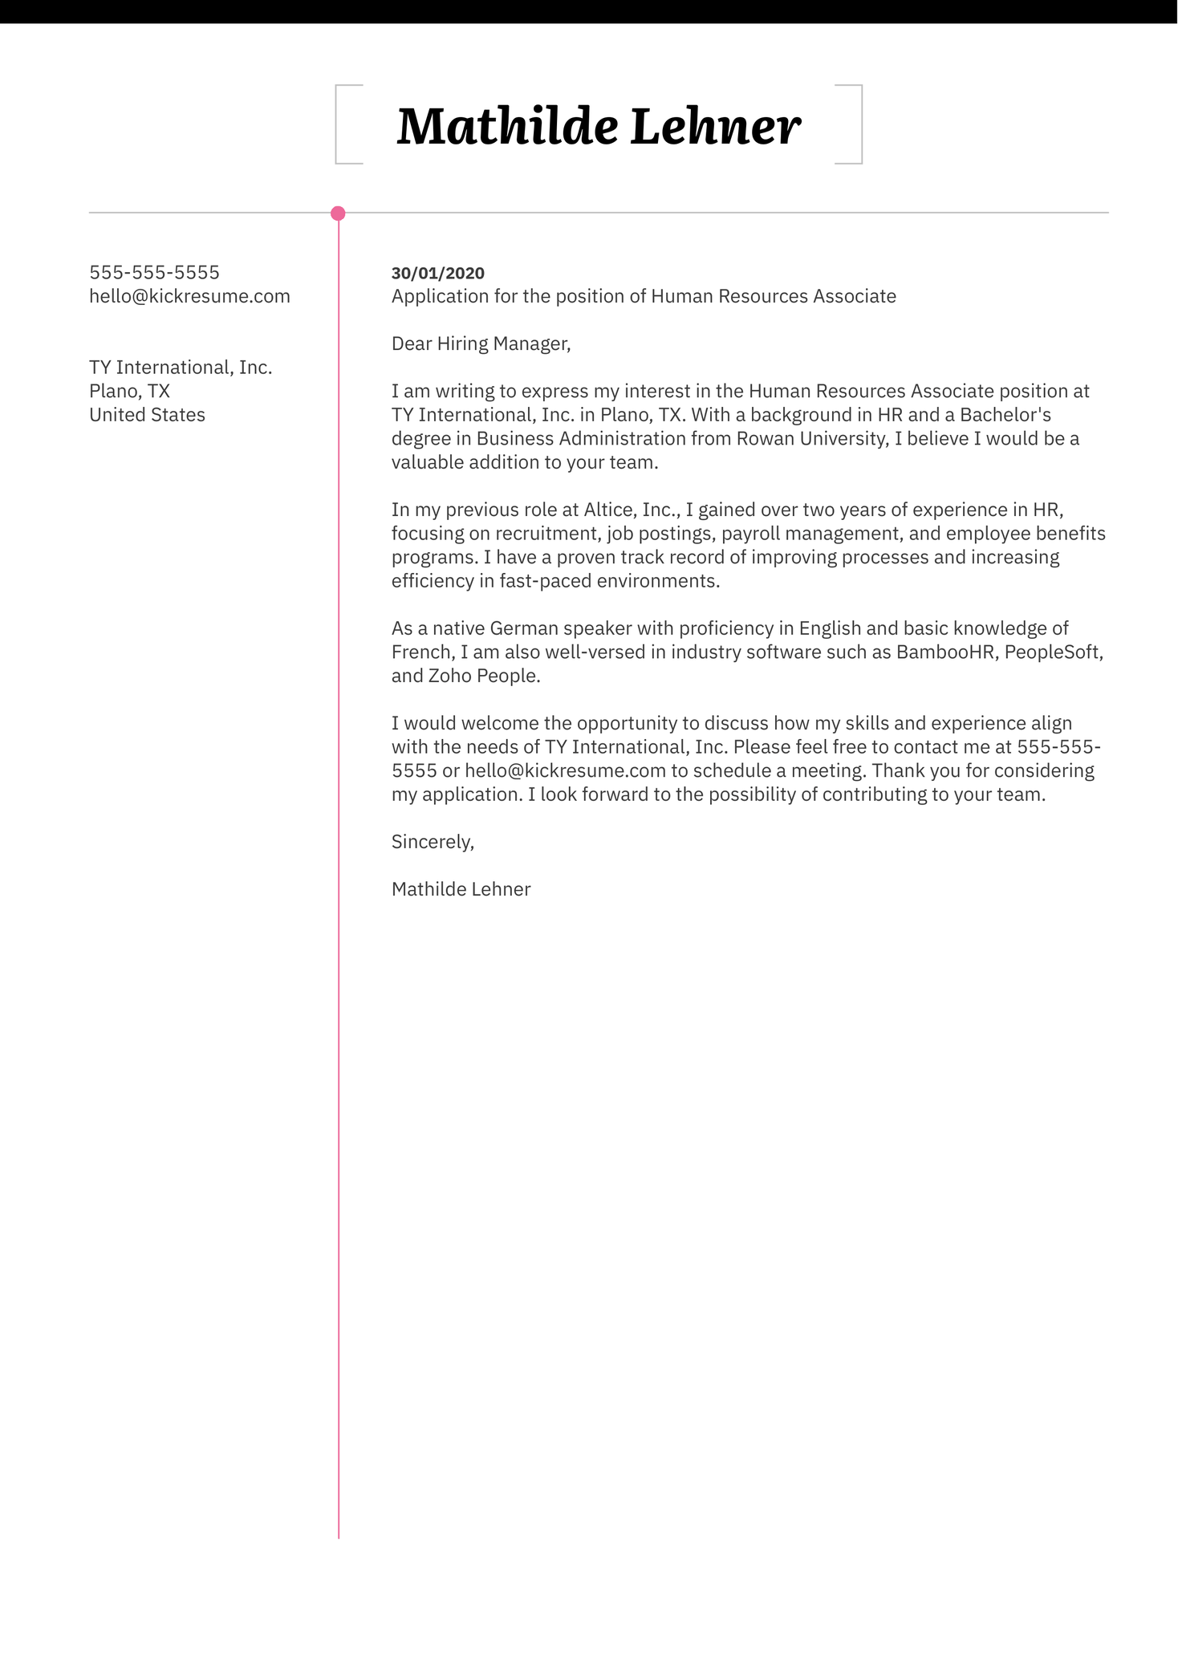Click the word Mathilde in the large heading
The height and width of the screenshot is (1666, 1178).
(x=507, y=127)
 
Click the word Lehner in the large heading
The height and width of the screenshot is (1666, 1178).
(x=715, y=127)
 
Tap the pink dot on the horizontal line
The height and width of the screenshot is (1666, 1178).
(x=338, y=213)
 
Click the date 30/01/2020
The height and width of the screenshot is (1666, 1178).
(x=437, y=273)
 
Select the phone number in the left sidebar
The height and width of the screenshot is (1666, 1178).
(x=154, y=273)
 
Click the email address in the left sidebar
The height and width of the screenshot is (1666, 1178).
(x=189, y=296)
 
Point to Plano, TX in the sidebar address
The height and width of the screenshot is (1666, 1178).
(x=129, y=392)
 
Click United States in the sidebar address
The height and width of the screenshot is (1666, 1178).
(x=147, y=415)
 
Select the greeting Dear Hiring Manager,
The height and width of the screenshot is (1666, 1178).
(x=481, y=344)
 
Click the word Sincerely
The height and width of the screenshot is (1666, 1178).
(x=432, y=842)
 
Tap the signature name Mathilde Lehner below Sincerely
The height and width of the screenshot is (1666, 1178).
(x=461, y=889)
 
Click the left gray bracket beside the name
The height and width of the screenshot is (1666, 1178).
(x=338, y=124)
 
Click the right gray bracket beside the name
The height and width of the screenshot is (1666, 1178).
(x=859, y=124)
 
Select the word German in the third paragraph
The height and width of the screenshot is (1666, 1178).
(x=523, y=628)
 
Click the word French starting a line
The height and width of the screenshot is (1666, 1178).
(x=422, y=652)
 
